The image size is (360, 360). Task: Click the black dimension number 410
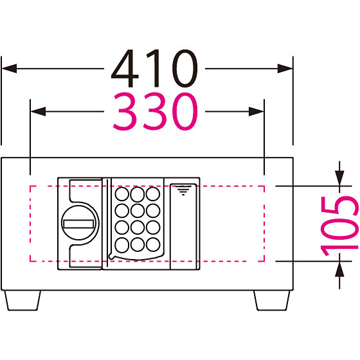[154, 68]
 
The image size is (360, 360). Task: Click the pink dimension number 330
[156, 111]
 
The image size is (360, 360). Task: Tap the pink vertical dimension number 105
[340, 226]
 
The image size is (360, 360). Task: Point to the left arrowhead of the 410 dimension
[9, 68]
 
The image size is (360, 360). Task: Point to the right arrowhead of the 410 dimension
[285, 68]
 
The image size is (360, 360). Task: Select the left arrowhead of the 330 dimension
[38, 112]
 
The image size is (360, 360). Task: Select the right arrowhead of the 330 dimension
[256, 112]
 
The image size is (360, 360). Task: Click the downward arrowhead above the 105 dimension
[339, 178]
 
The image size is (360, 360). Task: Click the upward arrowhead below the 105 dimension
[339, 269]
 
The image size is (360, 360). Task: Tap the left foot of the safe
[22, 301]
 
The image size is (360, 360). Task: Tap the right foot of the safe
[272, 301]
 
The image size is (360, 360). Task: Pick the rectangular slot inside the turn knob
[78, 224]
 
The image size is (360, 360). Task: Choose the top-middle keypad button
[138, 194]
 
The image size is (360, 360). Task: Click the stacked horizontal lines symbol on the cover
[183, 190]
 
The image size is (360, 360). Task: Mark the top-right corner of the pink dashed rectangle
[264, 186]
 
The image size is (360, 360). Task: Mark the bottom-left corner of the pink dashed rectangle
[30, 261]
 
